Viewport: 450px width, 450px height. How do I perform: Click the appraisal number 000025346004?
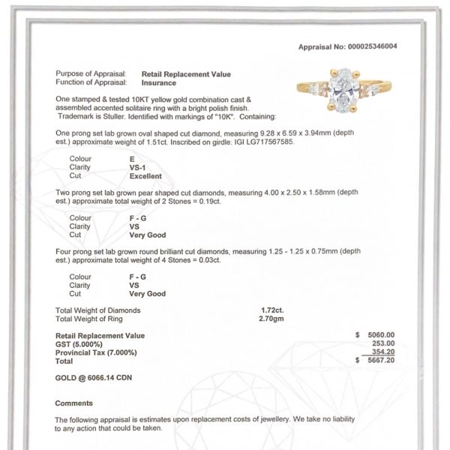click(x=388, y=46)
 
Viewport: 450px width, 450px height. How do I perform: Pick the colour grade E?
click(x=132, y=159)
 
